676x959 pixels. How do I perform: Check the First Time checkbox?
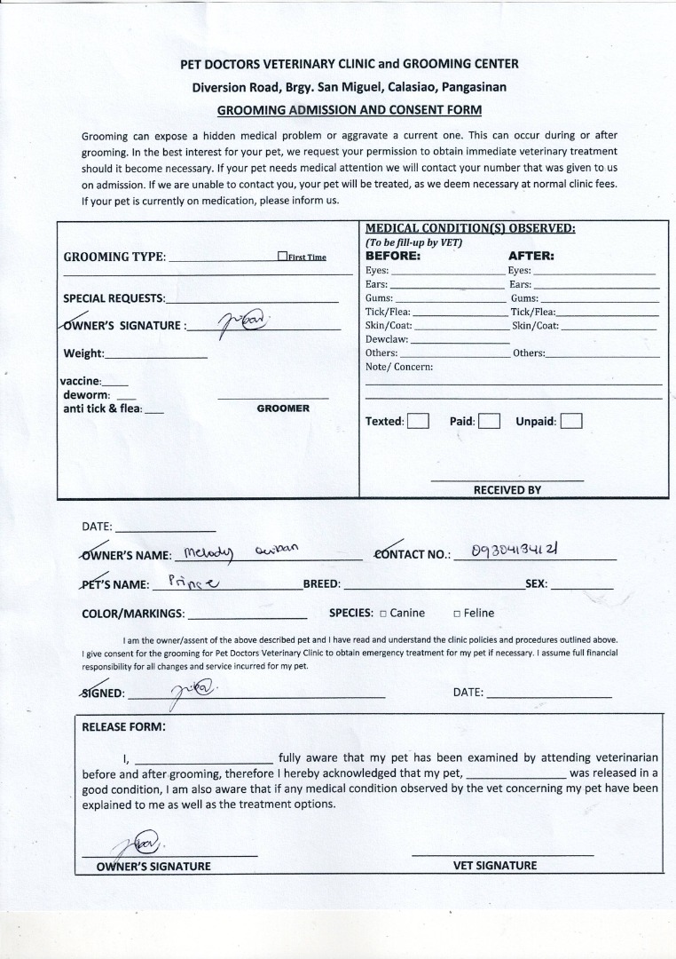click(282, 257)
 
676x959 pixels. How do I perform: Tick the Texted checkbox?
click(419, 421)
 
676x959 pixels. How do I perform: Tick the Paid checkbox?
click(489, 421)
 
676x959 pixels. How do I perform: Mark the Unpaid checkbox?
click(571, 421)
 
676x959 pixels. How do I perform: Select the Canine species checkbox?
click(382, 614)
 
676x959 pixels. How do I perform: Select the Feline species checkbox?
click(457, 614)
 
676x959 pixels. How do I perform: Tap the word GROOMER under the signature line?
click(283, 408)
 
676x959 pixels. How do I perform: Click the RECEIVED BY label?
click(507, 489)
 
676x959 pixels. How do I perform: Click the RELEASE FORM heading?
click(123, 725)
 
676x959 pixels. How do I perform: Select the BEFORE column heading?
click(392, 256)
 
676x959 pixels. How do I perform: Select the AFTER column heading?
click(531, 256)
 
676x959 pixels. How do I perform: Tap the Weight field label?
click(83, 353)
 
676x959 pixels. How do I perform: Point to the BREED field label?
click(321, 585)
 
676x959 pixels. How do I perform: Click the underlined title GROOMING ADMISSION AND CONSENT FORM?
click(350, 110)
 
